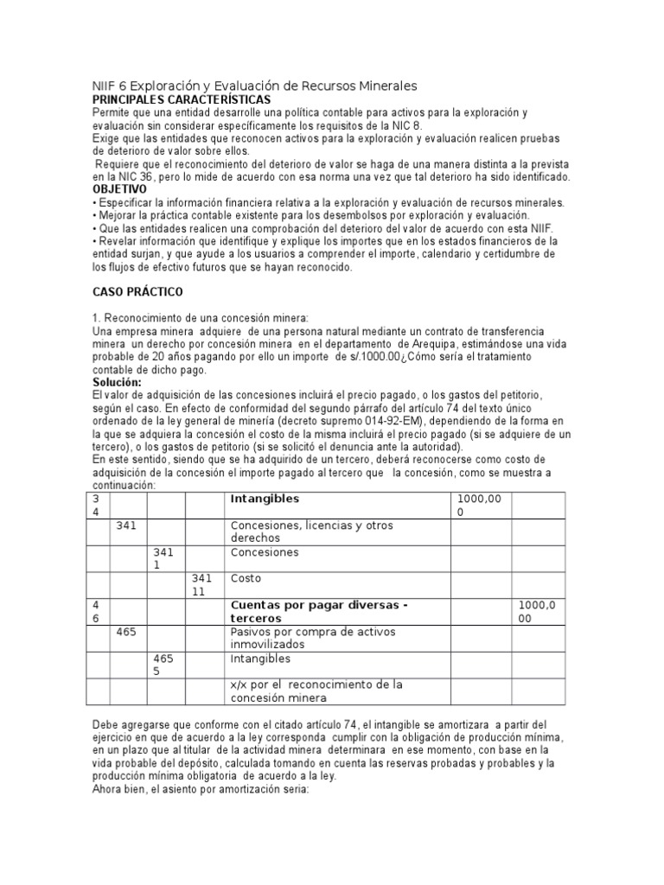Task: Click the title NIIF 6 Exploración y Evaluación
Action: click(x=254, y=86)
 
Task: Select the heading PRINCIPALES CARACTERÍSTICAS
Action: click(x=182, y=100)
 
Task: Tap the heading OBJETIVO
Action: click(x=119, y=189)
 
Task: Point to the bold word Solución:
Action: click(x=118, y=382)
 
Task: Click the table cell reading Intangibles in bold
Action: click(x=265, y=499)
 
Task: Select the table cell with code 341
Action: click(x=126, y=525)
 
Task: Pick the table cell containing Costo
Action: click(x=246, y=577)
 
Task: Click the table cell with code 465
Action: click(x=126, y=632)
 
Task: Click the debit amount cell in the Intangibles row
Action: click(x=475, y=506)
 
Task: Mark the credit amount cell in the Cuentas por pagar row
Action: click(x=536, y=611)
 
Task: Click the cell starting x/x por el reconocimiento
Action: click(x=316, y=691)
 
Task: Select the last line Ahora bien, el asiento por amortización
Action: click(x=200, y=788)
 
